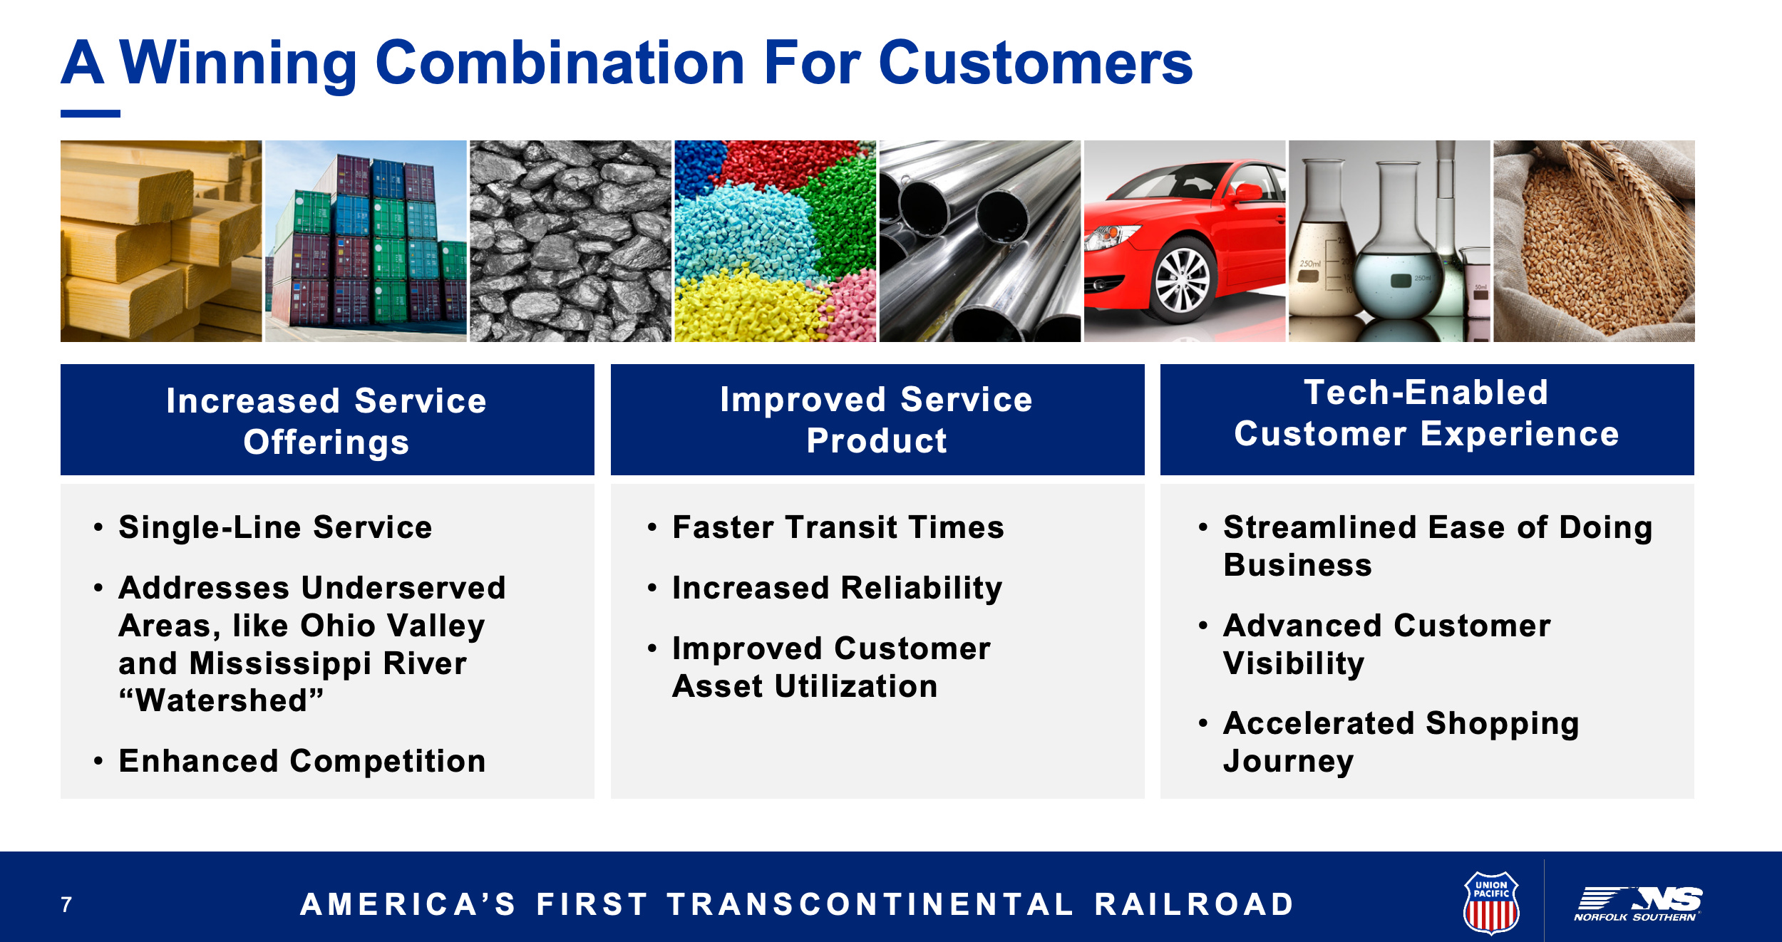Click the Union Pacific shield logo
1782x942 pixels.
pyautogui.click(x=1491, y=902)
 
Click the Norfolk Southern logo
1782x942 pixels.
pyautogui.click(x=1637, y=904)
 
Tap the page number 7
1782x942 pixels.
pyautogui.click(x=66, y=904)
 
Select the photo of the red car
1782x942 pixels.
pyautogui.click(x=1185, y=241)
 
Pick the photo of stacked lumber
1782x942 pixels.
pyautogui.click(x=161, y=241)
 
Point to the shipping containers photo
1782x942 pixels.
pyautogui.click(x=366, y=241)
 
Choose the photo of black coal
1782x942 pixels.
pyautogui.click(x=570, y=241)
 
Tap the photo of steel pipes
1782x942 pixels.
pyautogui.click(x=980, y=241)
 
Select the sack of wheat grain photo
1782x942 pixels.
pyautogui.click(x=1594, y=241)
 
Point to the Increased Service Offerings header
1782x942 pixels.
pyautogui.click(x=327, y=420)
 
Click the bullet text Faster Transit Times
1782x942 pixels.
pyautogui.click(x=838, y=527)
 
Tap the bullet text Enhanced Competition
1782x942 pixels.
pyautogui.click(x=302, y=761)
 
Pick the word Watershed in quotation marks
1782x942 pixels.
pyautogui.click(x=221, y=700)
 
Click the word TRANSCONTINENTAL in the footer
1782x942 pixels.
pyautogui.click(x=870, y=904)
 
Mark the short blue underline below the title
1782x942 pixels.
pyautogui.click(x=91, y=113)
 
